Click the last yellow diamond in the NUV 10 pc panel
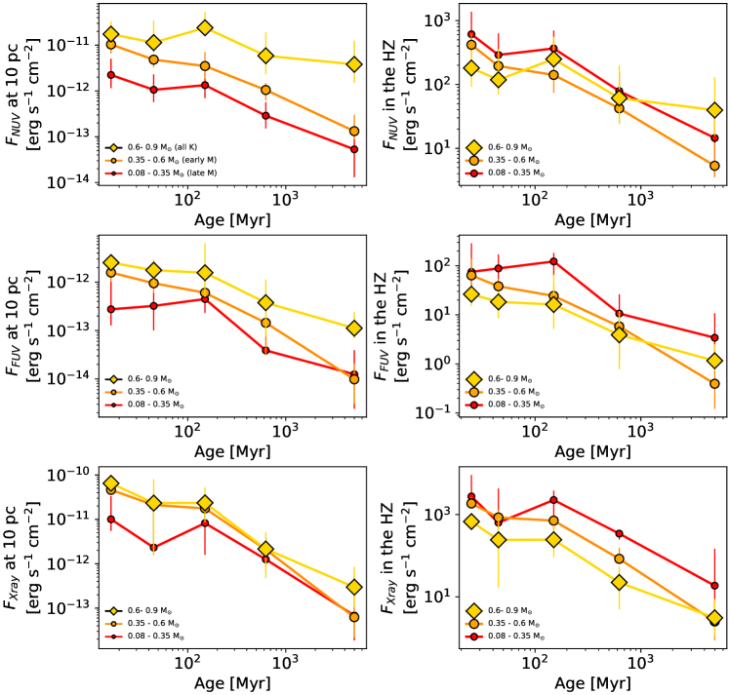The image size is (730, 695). click(x=355, y=64)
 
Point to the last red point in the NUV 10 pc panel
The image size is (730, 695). click(x=355, y=148)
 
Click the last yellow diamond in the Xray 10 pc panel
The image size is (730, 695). click(x=355, y=588)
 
